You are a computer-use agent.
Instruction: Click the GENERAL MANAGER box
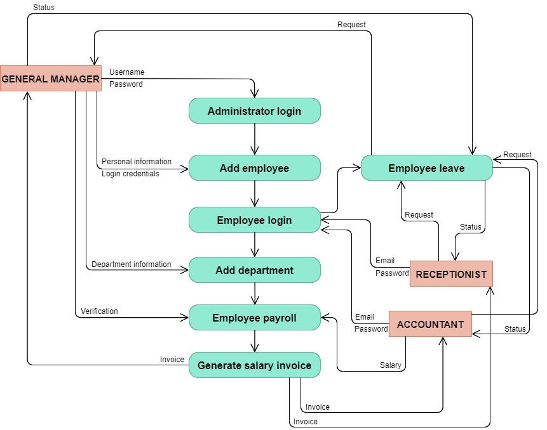51,79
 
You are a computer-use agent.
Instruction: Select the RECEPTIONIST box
451,274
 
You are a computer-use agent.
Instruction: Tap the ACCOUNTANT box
430,324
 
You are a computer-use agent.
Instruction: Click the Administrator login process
255,111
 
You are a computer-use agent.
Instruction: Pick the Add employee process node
255,168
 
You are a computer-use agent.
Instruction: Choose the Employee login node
255,219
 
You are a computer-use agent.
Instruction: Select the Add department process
255,270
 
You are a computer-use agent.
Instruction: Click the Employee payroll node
255,318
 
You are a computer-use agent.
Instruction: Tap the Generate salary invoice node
255,365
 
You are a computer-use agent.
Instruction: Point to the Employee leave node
427,168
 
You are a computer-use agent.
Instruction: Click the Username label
127,72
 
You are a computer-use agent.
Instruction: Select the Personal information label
137,162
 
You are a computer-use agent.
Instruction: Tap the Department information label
131,264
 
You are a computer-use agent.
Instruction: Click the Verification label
99,311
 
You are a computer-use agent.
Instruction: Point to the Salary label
390,365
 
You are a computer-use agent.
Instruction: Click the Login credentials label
130,174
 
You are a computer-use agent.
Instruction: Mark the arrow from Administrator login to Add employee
255,140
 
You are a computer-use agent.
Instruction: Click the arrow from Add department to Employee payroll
255,294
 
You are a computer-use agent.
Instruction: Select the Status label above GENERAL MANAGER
44,8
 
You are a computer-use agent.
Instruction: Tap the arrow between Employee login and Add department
255,245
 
